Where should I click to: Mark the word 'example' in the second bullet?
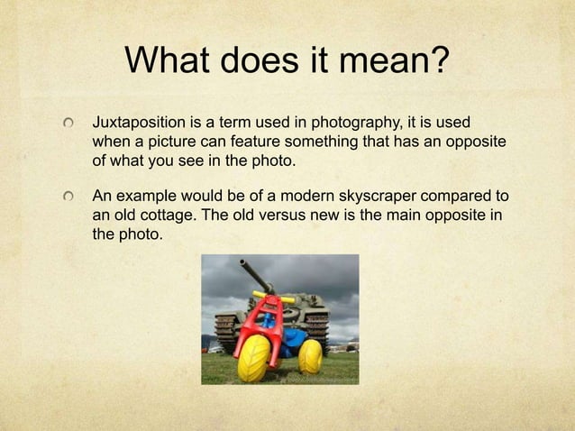144,197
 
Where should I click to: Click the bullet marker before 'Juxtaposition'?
68,123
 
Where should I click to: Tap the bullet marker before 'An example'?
68,197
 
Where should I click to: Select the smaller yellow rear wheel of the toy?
309,355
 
